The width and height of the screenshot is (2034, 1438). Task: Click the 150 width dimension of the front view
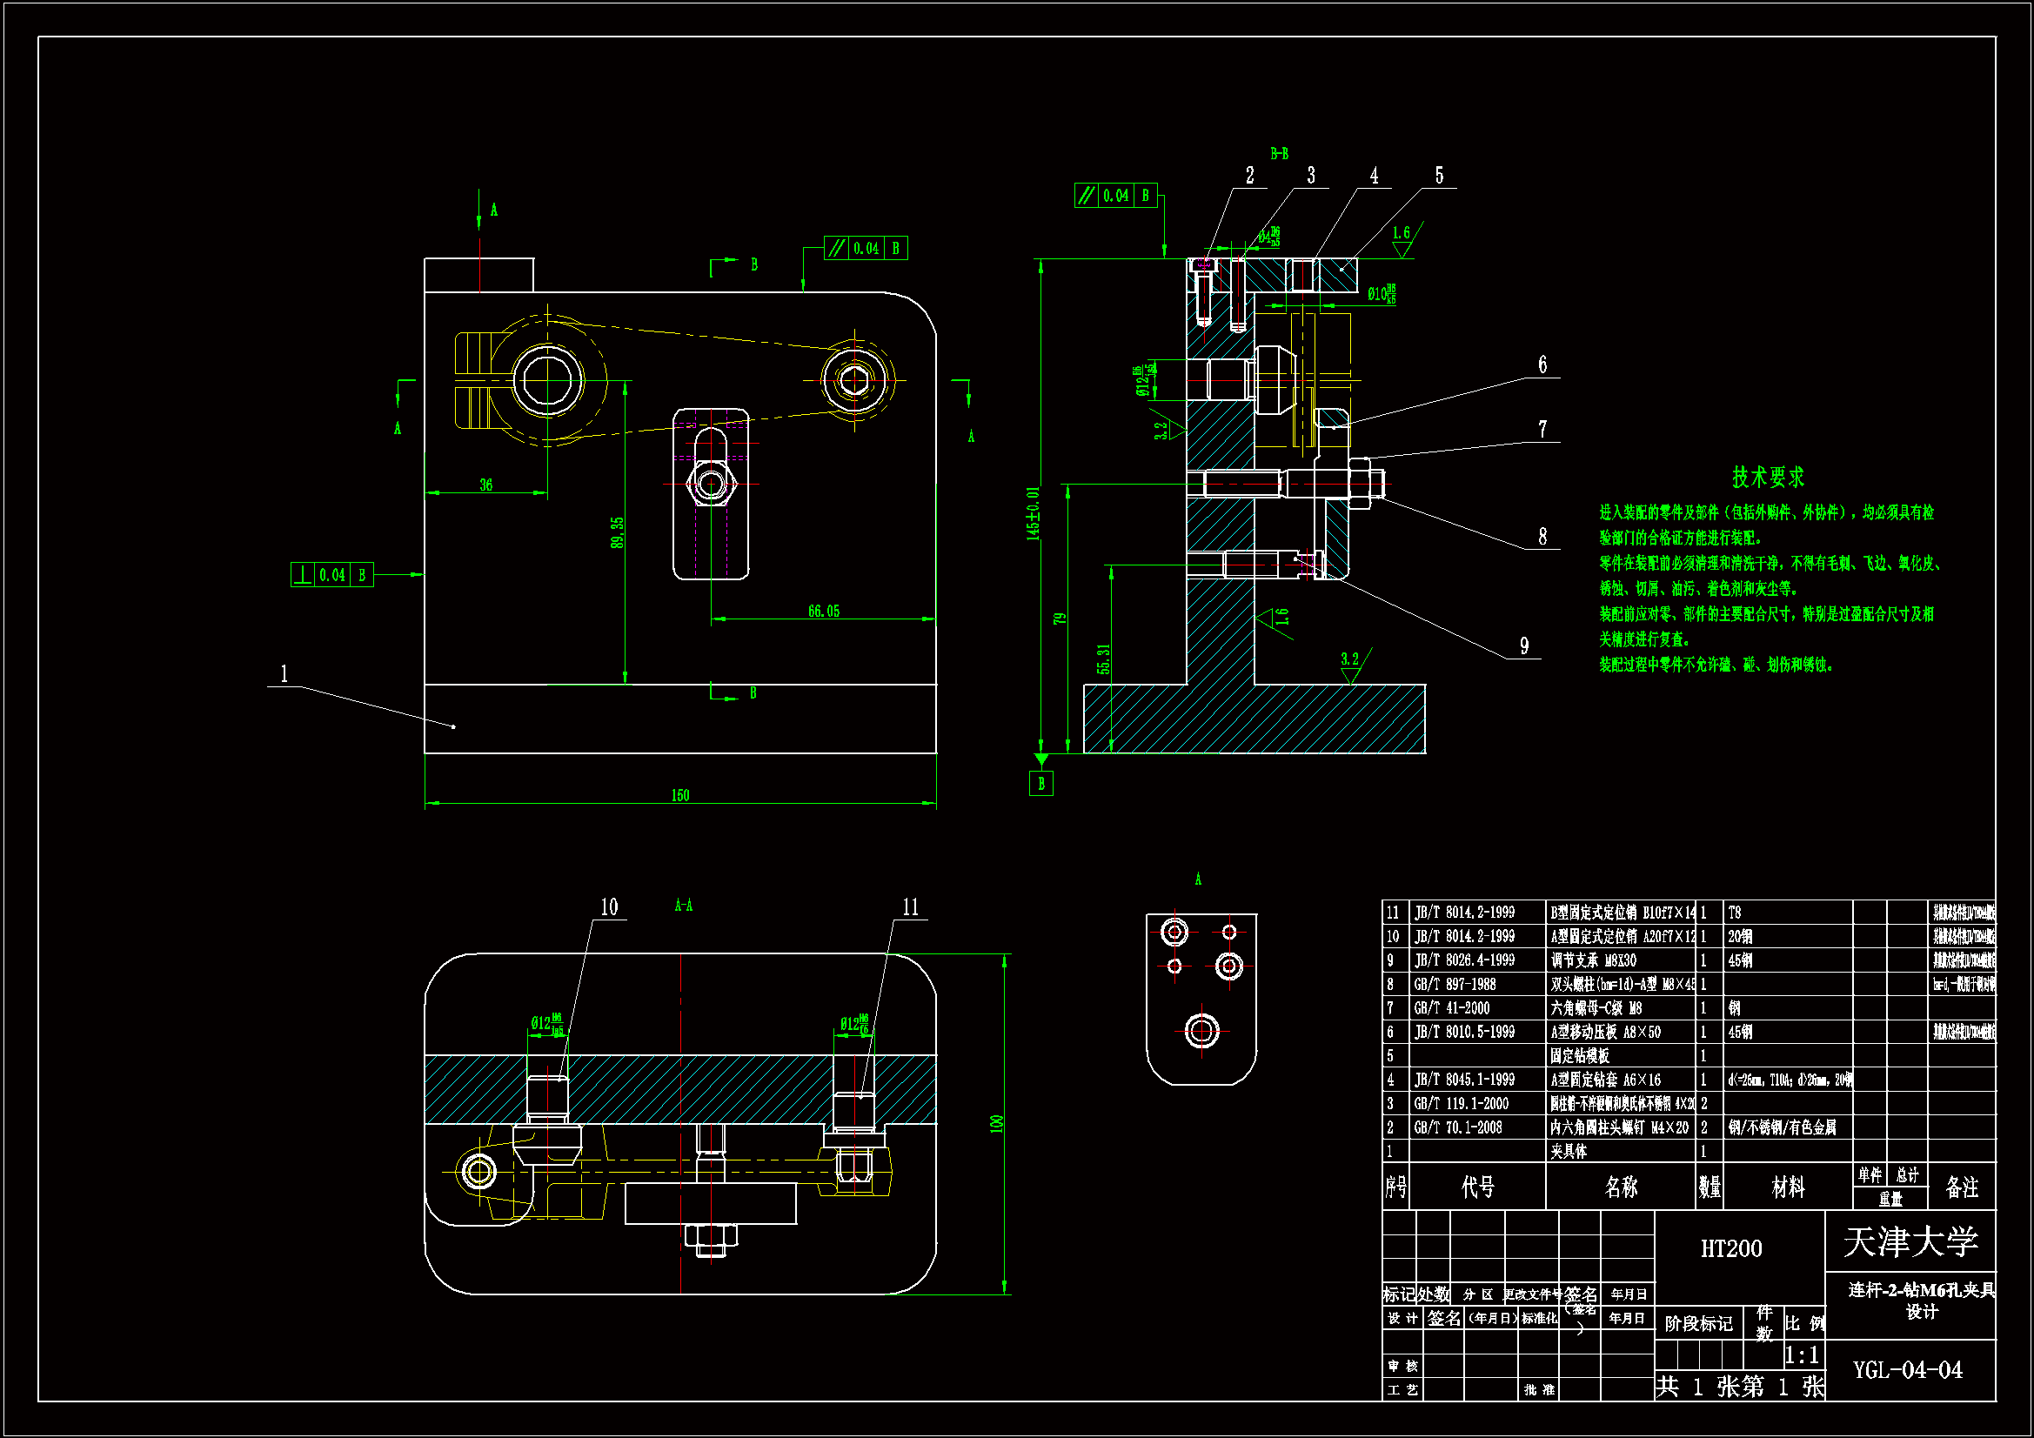tap(679, 795)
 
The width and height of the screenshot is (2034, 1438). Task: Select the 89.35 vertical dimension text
tap(617, 532)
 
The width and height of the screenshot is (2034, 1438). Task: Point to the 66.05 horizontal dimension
tap(823, 611)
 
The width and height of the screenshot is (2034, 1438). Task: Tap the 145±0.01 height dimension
tap(1033, 513)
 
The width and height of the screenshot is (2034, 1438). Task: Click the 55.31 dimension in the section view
tap(1103, 659)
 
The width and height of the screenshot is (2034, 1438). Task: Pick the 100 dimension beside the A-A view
tap(997, 1123)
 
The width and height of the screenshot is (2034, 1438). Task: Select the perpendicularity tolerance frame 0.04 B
tap(331, 575)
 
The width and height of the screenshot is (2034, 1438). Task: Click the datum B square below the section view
tap(1040, 783)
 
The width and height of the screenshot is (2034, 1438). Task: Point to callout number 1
tap(284, 673)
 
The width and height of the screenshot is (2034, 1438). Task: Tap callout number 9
tap(1523, 645)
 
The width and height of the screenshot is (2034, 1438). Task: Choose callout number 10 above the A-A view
tap(609, 906)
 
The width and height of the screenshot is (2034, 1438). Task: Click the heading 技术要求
tap(1769, 478)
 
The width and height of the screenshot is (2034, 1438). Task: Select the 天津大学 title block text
tap(1910, 1241)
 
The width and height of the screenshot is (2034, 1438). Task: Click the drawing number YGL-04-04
tap(1907, 1370)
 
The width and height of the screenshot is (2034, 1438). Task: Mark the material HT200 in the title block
tap(1731, 1248)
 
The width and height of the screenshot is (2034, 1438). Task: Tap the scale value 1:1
tap(1801, 1354)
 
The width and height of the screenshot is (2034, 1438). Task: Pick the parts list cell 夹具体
tap(1568, 1151)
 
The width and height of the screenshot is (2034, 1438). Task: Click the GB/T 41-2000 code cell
tap(1452, 1007)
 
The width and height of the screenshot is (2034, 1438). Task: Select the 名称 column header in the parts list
tap(1620, 1187)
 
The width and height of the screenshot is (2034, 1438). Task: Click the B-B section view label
tap(1279, 154)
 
